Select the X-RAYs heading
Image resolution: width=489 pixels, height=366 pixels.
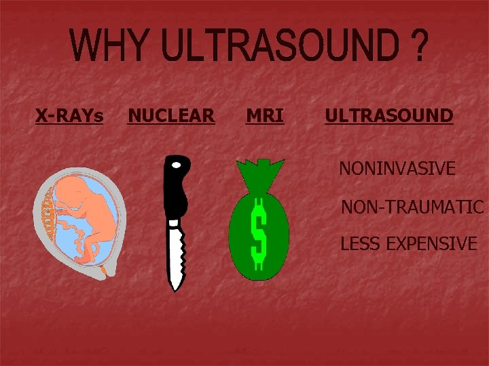click(69, 117)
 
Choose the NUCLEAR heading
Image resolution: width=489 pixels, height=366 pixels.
click(171, 117)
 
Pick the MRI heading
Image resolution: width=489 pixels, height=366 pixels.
click(265, 117)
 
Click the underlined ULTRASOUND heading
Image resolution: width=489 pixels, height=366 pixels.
click(388, 116)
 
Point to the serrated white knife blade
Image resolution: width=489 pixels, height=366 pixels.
click(175, 251)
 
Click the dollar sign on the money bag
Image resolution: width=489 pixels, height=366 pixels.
click(258, 234)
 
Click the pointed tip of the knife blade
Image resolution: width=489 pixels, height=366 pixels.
click(175, 289)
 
